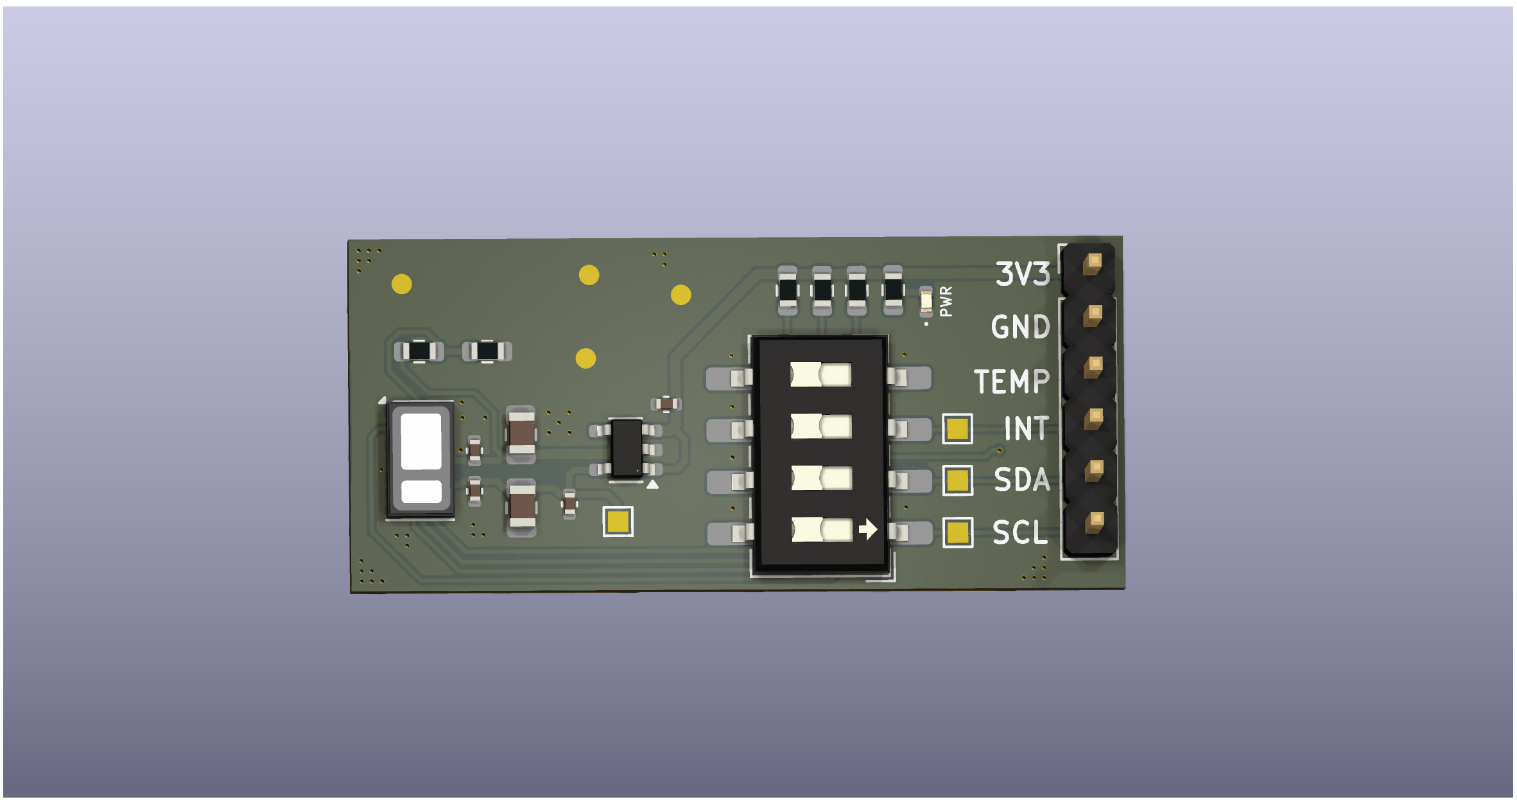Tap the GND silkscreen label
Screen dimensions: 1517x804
click(1021, 327)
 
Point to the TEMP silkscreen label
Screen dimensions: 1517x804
click(1012, 381)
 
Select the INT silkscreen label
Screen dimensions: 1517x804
click(1026, 428)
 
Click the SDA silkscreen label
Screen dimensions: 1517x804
click(1022, 480)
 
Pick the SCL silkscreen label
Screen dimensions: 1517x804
click(1020, 532)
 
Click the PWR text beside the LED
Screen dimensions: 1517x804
click(946, 301)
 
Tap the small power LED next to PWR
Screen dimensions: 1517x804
click(926, 302)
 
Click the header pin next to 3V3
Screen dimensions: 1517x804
click(1092, 263)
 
